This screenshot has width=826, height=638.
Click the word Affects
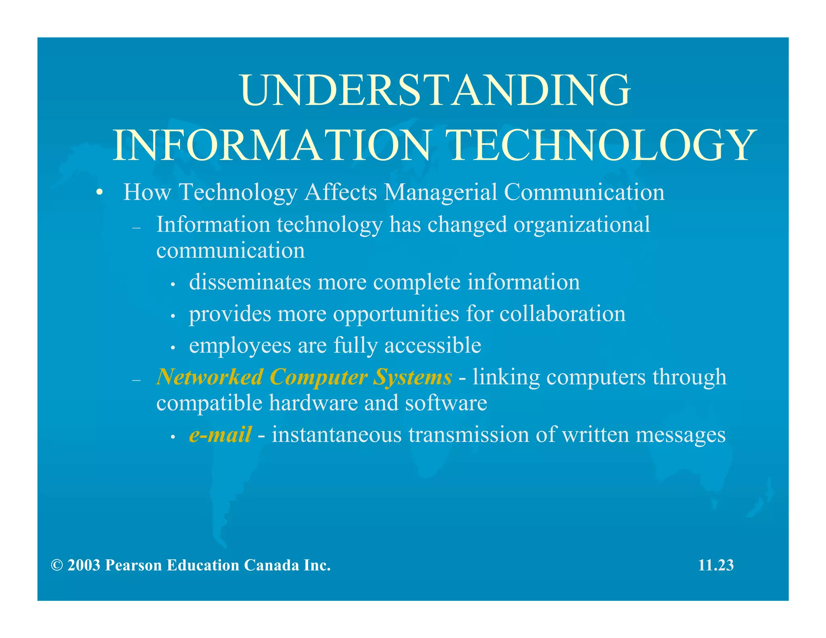[341, 192]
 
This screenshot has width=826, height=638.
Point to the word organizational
[582, 224]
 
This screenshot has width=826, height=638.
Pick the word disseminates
[250, 282]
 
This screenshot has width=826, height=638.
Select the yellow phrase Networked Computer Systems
[304, 377]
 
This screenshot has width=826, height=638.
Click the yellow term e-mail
[220, 435]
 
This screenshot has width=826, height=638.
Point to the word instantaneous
[337, 435]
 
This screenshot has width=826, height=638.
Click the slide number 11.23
[716, 565]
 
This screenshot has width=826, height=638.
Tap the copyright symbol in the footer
[57, 565]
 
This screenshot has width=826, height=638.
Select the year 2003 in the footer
[84, 565]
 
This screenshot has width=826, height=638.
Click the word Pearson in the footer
[133, 565]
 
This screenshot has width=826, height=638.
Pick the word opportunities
[396, 314]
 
